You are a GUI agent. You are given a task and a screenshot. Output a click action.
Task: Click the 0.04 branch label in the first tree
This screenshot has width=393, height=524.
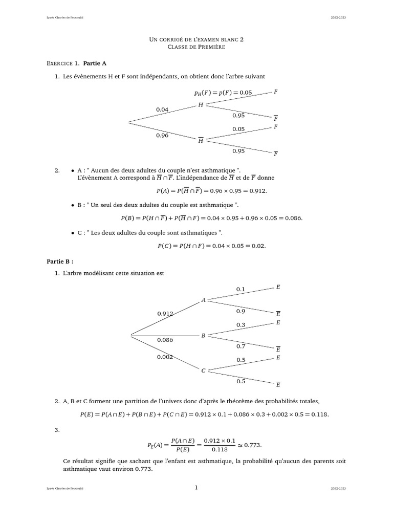(x=162, y=109)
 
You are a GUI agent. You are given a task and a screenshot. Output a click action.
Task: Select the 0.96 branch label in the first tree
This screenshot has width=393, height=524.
(x=162, y=136)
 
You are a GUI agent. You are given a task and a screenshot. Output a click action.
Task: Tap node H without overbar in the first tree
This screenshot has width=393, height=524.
(x=201, y=104)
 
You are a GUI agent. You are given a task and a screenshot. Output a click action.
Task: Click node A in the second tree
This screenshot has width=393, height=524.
(x=204, y=300)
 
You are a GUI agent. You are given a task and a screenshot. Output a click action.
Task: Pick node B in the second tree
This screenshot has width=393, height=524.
(x=204, y=336)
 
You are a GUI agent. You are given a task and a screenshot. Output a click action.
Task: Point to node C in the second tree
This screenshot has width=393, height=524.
(x=204, y=370)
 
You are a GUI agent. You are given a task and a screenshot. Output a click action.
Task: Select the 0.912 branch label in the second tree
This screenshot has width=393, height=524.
(x=165, y=313)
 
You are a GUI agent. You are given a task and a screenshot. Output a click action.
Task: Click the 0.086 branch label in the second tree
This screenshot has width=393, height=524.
(x=165, y=339)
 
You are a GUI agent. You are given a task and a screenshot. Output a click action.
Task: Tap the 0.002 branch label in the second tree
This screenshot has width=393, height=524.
(x=165, y=357)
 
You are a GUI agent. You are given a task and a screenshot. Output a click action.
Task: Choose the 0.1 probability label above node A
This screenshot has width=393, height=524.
(x=241, y=290)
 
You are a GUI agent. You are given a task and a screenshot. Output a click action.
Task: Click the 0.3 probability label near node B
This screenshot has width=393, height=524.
(x=241, y=325)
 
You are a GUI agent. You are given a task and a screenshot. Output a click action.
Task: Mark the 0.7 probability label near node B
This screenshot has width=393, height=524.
(x=241, y=346)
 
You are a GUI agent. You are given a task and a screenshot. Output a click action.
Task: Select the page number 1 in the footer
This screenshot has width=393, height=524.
(x=196, y=488)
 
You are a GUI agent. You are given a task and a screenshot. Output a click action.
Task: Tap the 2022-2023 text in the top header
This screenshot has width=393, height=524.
(x=338, y=18)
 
